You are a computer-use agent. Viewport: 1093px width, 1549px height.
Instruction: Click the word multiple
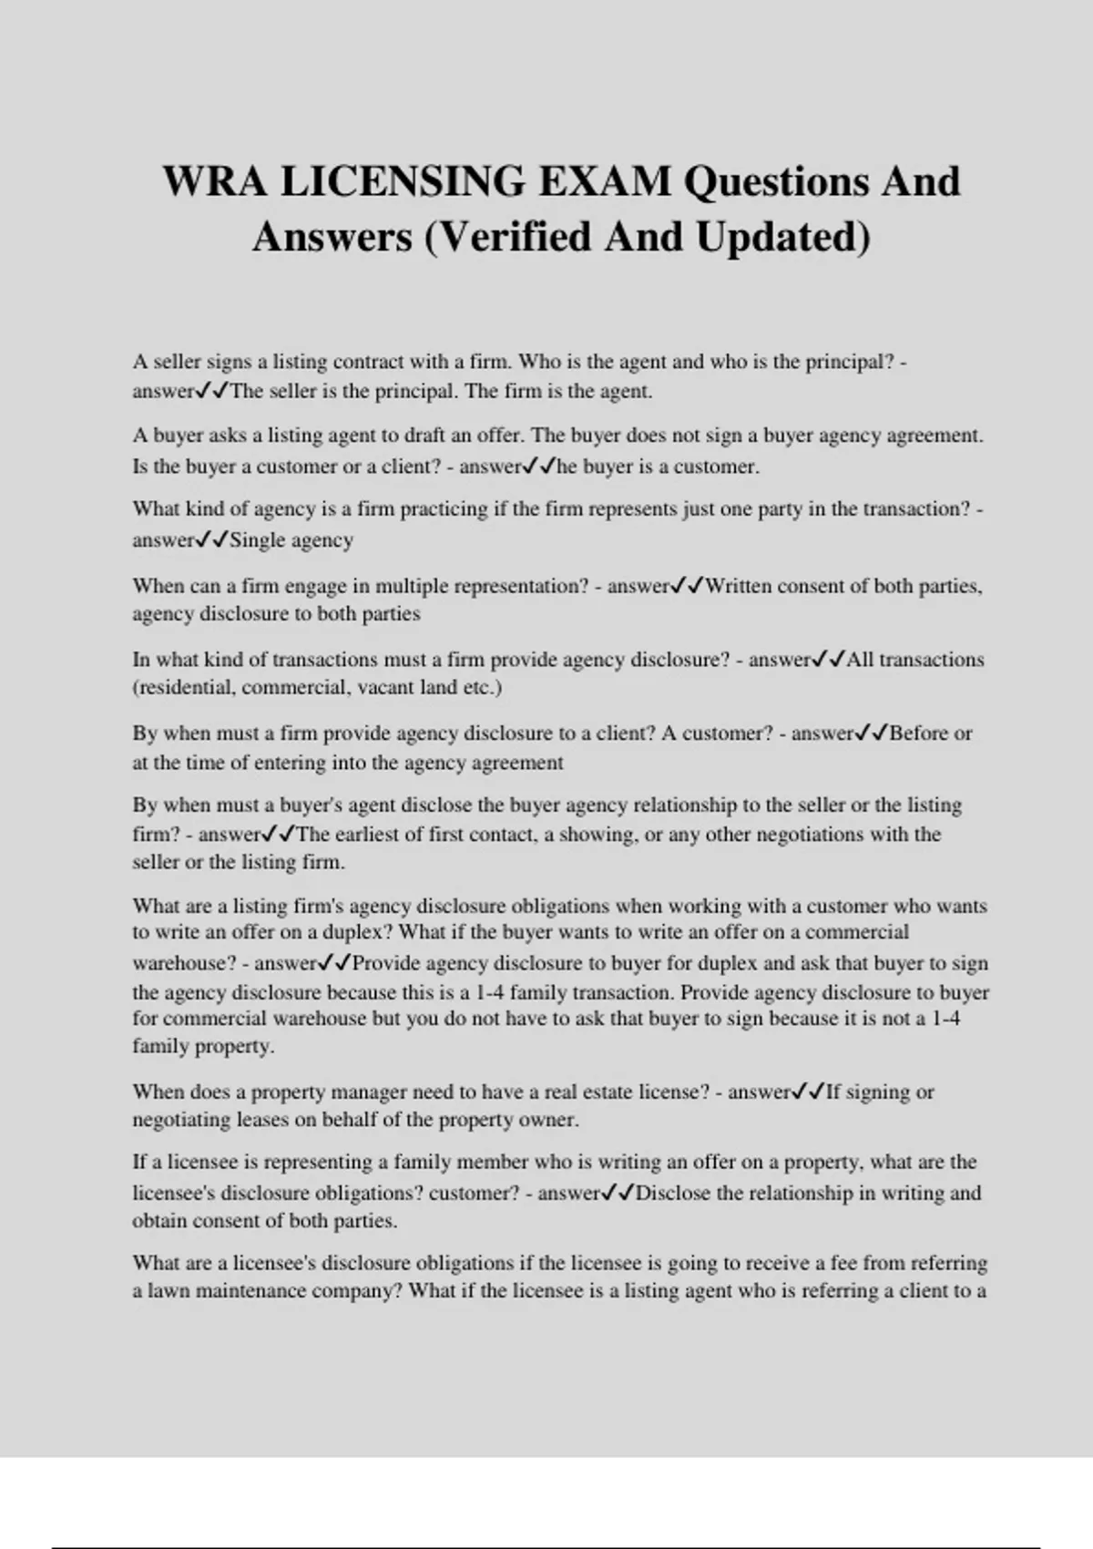click(412, 586)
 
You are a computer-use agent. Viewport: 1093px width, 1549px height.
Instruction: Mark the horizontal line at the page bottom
click(546, 1547)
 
